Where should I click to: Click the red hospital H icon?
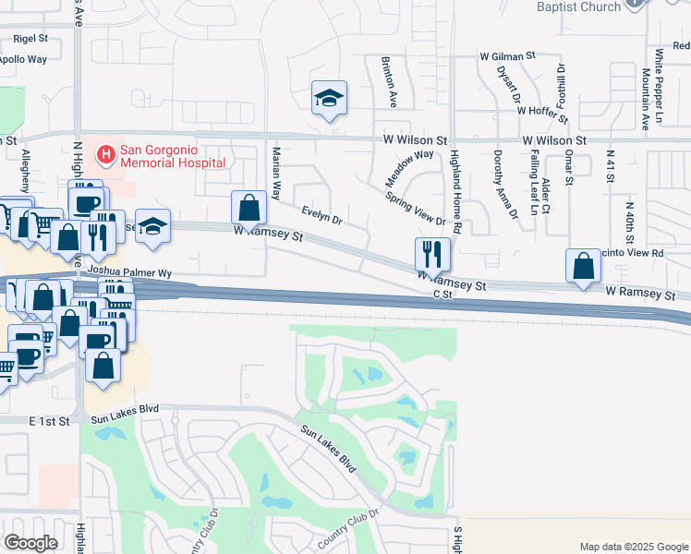(x=107, y=152)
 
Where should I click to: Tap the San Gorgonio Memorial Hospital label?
(x=174, y=156)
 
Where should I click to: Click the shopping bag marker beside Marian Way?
(x=249, y=207)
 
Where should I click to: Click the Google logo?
(x=30, y=543)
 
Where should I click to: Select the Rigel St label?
(x=30, y=39)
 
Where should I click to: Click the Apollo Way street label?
(x=23, y=59)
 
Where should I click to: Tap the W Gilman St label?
(x=507, y=56)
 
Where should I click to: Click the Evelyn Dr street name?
(x=322, y=215)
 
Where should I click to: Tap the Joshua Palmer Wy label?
(x=132, y=273)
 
